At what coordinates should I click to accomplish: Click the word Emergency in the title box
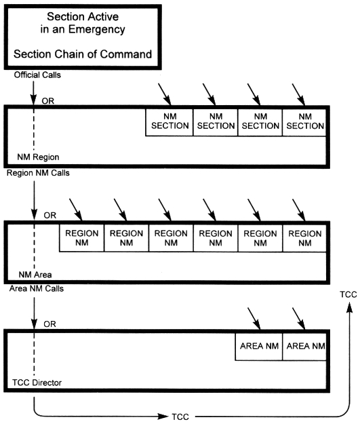click(x=96, y=29)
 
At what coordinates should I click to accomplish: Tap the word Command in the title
click(x=126, y=54)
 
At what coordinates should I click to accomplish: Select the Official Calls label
click(x=37, y=75)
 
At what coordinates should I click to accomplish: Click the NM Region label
click(x=38, y=157)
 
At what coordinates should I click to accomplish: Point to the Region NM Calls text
click(x=38, y=173)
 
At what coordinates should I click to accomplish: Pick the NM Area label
click(x=35, y=275)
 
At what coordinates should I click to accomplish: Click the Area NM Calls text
click(x=37, y=288)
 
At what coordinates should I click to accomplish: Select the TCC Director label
click(x=37, y=383)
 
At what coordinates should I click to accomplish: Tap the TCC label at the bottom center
click(x=180, y=417)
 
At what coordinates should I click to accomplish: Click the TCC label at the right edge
click(x=348, y=294)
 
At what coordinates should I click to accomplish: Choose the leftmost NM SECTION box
click(x=169, y=122)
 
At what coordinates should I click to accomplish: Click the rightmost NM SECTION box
click(x=304, y=122)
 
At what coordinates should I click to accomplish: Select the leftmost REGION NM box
click(x=81, y=238)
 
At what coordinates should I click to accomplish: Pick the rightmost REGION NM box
click(x=304, y=238)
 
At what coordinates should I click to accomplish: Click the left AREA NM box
click(x=259, y=347)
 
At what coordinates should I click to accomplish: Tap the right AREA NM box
click(x=304, y=347)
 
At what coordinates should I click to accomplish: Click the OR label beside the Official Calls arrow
click(x=48, y=101)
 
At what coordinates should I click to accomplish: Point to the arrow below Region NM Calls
click(x=34, y=200)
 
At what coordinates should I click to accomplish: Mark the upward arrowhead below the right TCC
click(x=350, y=308)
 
